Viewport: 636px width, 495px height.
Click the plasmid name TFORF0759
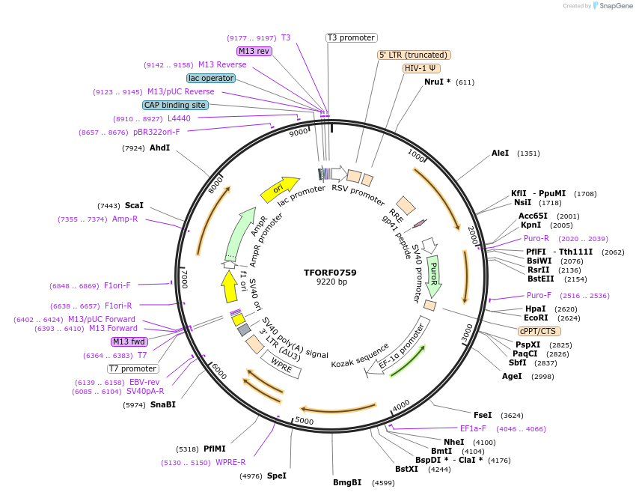(x=330, y=273)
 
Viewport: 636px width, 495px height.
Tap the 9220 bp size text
(x=331, y=282)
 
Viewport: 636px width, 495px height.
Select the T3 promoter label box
(x=352, y=37)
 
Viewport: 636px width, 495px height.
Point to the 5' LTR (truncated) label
(x=414, y=55)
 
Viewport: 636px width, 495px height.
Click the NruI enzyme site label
(x=437, y=82)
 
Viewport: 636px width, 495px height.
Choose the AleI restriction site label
(x=500, y=154)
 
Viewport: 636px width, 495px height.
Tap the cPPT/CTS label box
(x=539, y=331)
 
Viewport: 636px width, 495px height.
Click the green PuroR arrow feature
(x=433, y=275)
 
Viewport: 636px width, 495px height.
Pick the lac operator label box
(x=211, y=78)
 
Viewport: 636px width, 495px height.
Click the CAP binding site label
(x=174, y=106)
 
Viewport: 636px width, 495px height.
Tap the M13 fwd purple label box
(x=129, y=341)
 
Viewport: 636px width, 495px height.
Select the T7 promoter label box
(x=133, y=368)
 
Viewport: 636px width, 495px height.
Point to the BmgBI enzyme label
(x=347, y=482)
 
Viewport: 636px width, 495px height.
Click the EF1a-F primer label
(x=473, y=429)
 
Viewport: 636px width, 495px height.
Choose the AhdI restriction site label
(x=159, y=148)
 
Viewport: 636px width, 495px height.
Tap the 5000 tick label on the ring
(x=304, y=420)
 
